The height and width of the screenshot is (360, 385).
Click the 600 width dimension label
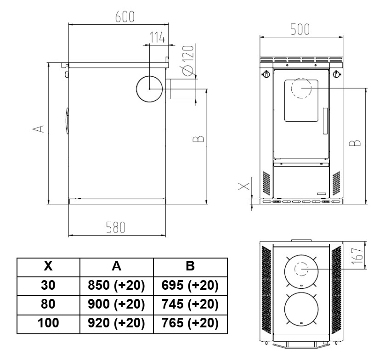tap(125, 17)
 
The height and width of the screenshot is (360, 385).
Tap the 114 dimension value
tap(158, 38)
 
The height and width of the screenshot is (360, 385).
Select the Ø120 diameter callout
tap(188, 61)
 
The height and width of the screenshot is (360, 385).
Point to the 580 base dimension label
tap(116, 227)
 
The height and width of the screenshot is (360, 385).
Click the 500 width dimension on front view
tap(300, 29)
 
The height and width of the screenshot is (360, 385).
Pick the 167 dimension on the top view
tap(357, 256)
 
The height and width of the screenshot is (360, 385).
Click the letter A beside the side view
tap(39, 129)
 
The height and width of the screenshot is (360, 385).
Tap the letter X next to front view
tap(244, 186)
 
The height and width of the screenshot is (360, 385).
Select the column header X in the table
tap(48, 266)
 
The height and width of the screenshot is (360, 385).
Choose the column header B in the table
tap(190, 266)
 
